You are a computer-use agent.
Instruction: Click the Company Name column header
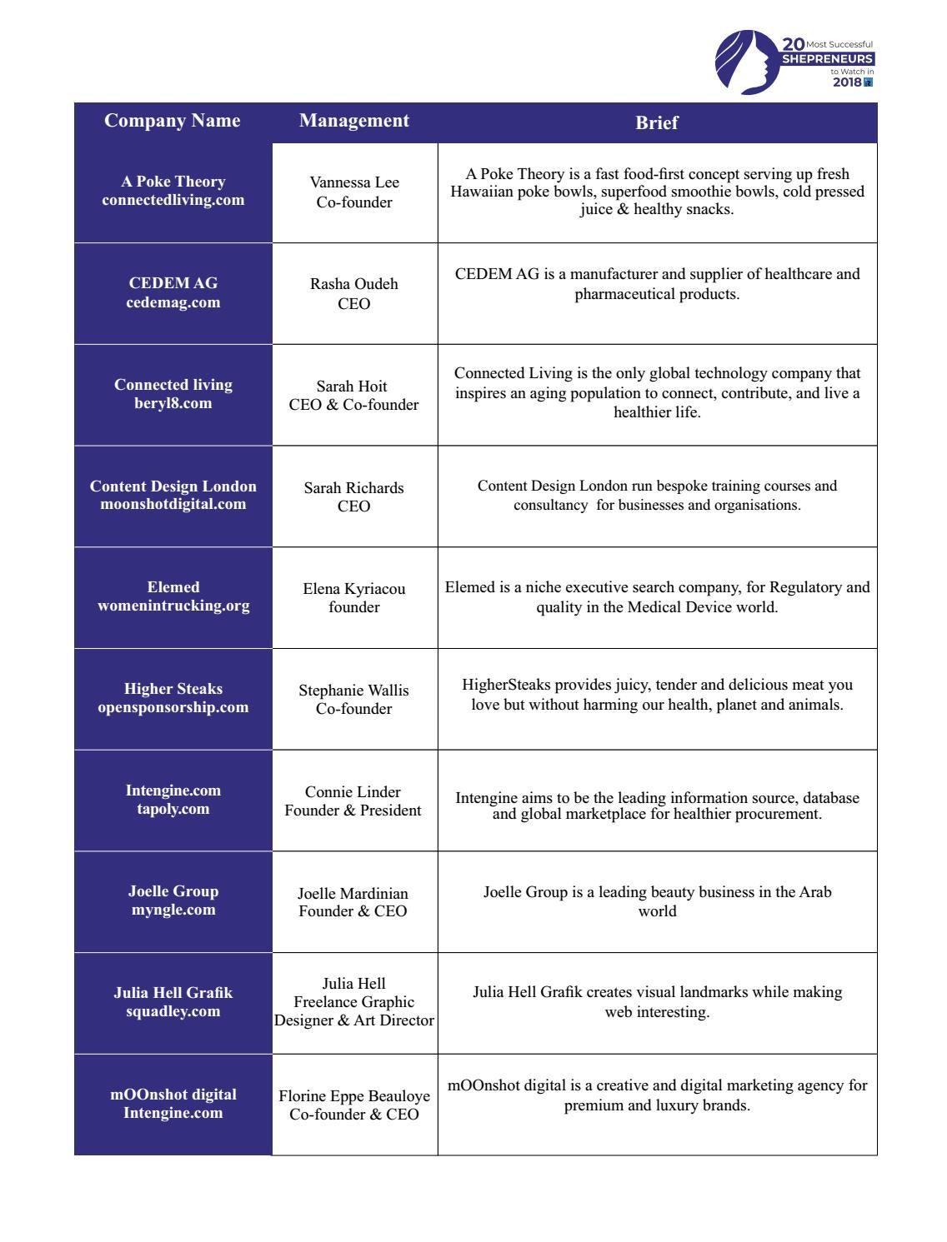(172, 121)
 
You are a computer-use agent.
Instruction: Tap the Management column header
(354, 121)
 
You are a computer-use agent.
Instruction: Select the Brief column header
(657, 122)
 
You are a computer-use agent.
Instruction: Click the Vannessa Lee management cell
(354, 192)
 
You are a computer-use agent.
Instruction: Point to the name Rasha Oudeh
(354, 284)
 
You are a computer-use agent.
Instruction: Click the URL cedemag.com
(173, 302)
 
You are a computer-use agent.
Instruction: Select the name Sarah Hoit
(352, 387)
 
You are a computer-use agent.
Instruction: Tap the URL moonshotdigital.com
(173, 504)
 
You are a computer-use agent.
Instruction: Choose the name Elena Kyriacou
(354, 589)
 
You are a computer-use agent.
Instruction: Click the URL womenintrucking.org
(173, 606)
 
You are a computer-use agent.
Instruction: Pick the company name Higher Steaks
(173, 689)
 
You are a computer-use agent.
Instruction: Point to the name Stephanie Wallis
(354, 691)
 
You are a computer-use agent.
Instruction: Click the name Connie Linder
(353, 792)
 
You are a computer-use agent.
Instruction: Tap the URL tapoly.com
(173, 809)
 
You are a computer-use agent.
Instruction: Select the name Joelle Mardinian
(353, 894)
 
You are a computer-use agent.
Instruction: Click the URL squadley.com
(173, 1011)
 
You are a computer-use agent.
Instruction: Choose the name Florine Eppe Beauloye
(354, 1096)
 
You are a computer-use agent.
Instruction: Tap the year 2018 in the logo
(847, 82)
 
